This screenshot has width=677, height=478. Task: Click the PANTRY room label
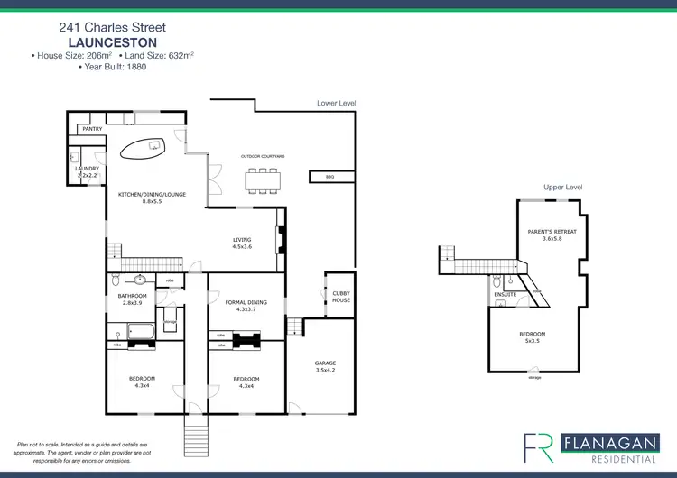[92, 130]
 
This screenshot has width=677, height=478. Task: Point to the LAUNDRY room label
[87, 168]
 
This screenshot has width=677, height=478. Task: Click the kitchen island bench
[145, 148]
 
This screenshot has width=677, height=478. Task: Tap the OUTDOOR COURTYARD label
[263, 156]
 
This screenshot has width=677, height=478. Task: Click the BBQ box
[329, 177]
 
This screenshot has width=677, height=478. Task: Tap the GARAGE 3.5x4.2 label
[325, 366]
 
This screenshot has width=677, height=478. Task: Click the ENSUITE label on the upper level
[505, 294]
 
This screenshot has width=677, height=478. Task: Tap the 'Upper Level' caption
[562, 187]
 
